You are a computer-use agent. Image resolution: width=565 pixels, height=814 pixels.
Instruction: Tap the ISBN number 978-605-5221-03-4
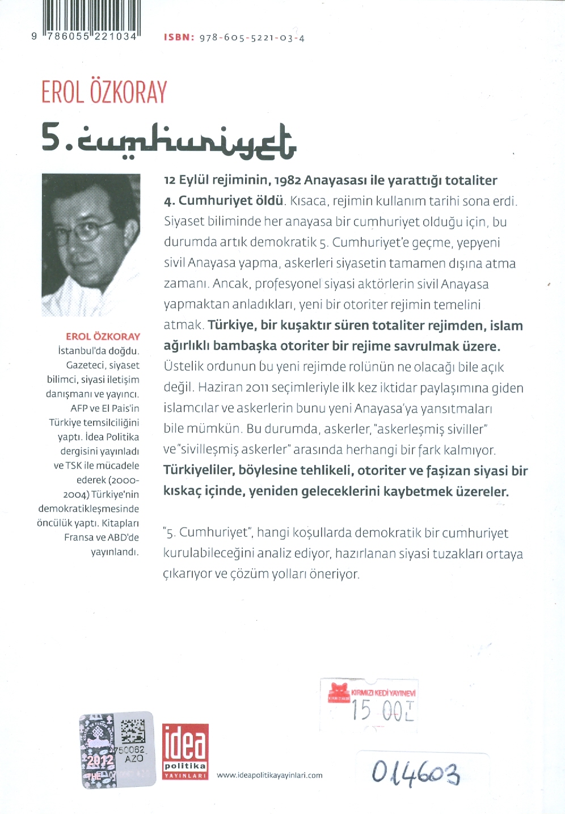click(252, 38)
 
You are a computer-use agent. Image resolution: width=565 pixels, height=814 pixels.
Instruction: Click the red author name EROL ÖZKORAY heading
click(104, 92)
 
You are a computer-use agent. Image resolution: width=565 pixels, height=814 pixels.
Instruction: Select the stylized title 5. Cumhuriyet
click(168, 140)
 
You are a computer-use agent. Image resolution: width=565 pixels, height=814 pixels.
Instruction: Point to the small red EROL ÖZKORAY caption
click(103, 336)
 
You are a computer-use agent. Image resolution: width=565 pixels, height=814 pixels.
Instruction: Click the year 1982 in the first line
click(287, 180)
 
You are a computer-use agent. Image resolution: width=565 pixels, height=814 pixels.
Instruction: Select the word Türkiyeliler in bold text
click(199, 470)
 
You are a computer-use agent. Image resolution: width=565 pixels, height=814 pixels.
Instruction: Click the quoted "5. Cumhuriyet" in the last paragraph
click(207, 533)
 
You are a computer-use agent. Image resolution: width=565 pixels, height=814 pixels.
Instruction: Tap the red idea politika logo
click(185, 751)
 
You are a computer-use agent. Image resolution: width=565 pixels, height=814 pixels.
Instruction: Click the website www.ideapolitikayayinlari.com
click(269, 775)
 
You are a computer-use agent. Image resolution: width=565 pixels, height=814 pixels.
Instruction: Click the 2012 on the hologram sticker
click(100, 760)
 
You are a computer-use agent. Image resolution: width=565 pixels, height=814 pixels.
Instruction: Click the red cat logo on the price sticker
click(339, 692)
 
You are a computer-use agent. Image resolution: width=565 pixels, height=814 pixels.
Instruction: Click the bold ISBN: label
click(179, 37)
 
